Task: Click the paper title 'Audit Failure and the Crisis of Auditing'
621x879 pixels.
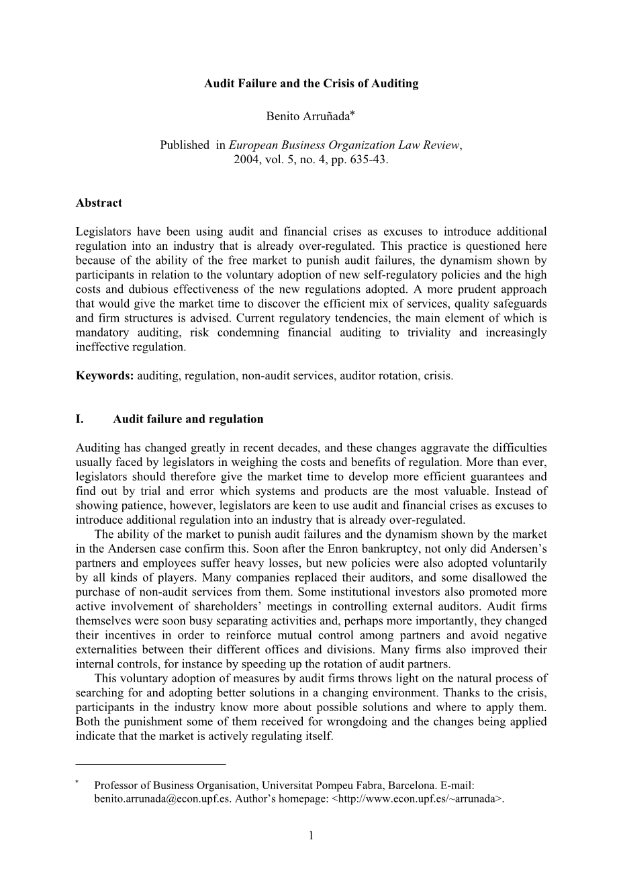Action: (x=311, y=84)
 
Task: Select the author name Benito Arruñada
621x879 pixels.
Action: (x=307, y=117)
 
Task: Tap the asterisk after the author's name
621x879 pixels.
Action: (x=352, y=115)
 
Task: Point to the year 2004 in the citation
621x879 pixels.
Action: (x=246, y=160)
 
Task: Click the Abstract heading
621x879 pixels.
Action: (x=99, y=203)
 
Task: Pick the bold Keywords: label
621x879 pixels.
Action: (x=105, y=376)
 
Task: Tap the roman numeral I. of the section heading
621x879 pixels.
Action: (x=80, y=420)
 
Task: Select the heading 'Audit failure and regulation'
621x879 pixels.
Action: (x=188, y=420)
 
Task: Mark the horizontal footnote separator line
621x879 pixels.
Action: (x=151, y=764)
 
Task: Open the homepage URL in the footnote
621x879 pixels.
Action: (x=418, y=799)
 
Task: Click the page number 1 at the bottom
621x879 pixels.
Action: (x=311, y=836)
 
